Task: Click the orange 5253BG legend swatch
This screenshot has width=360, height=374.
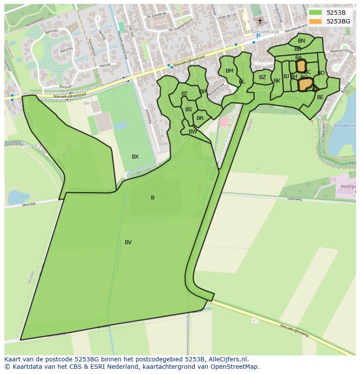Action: (x=315, y=21)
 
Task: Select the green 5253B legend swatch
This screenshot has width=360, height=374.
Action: (x=315, y=13)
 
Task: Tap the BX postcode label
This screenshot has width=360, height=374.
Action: (x=135, y=157)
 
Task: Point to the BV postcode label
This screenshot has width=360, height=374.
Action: (x=128, y=242)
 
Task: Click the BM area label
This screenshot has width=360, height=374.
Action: (x=230, y=71)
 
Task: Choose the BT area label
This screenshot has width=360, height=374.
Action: (x=185, y=94)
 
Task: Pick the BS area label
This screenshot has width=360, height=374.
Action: (x=189, y=109)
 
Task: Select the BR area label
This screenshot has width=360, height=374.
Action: (x=200, y=118)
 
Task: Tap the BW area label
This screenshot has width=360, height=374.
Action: (x=193, y=132)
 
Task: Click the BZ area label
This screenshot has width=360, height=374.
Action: (x=263, y=78)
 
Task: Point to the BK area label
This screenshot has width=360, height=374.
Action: (x=277, y=81)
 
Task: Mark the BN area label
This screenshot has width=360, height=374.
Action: (x=301, y=41)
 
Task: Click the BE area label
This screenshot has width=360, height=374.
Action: (x=320, y=97)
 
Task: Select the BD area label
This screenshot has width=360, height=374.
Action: (x=321, y=73)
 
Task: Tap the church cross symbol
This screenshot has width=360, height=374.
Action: (x=260, y=21)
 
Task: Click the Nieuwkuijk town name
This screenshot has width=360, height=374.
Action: (x=265, y=31)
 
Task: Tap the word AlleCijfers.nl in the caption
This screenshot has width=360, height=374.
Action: (x=228, y=359)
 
